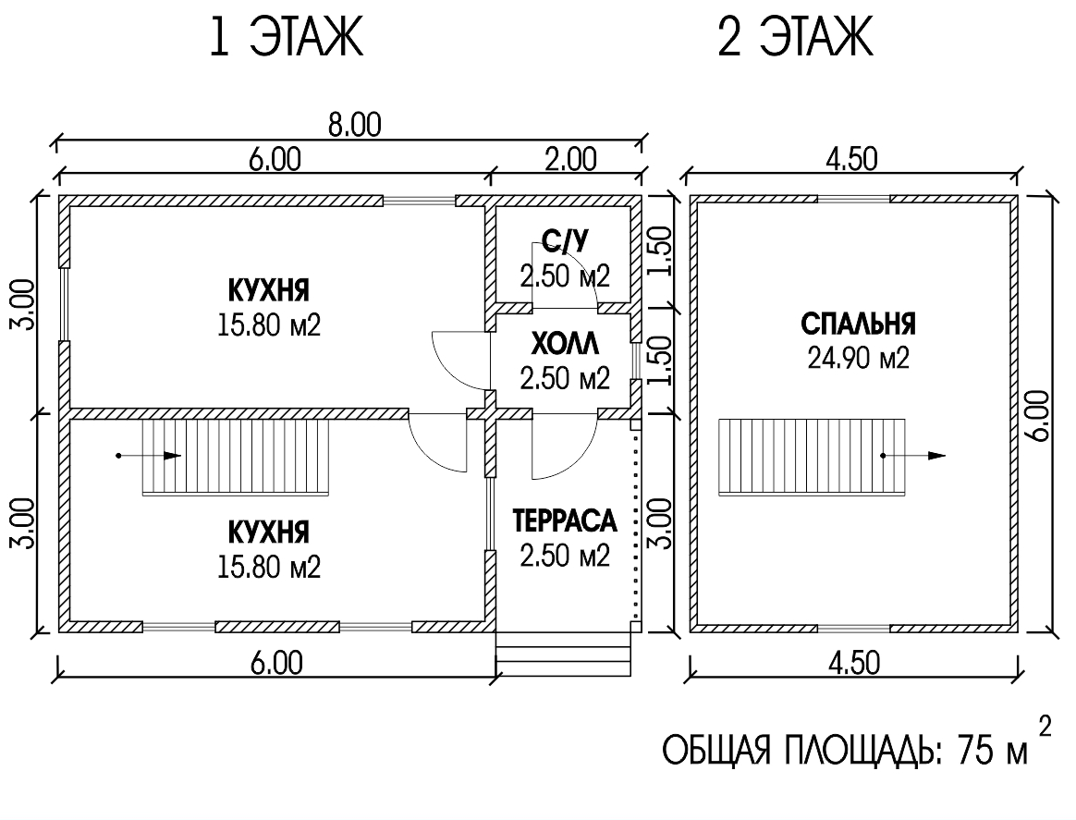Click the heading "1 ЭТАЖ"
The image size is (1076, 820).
click(286, 37)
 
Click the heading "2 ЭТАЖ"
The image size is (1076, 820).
click(795, 37)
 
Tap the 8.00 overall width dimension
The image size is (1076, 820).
click(354, 125)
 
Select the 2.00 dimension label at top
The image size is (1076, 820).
click(571, 159)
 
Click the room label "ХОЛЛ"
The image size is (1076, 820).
click(565, 343)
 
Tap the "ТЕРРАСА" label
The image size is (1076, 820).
click(565, 520)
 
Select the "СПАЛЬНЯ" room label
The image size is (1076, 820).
click(858, 324)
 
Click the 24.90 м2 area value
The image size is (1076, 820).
click(858, 358)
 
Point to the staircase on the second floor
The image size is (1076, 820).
click(812, 457)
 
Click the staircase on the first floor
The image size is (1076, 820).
click(236, 457)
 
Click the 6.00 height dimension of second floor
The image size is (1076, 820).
click(1039, 415)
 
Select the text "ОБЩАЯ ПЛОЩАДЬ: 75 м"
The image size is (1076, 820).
click(845, 751)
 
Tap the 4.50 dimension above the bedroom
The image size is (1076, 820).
click(851, 159)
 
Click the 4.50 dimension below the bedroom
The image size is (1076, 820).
click(852, 664)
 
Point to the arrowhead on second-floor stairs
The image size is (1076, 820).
click(936, 456)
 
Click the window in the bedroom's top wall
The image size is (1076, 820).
click(853, 199)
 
